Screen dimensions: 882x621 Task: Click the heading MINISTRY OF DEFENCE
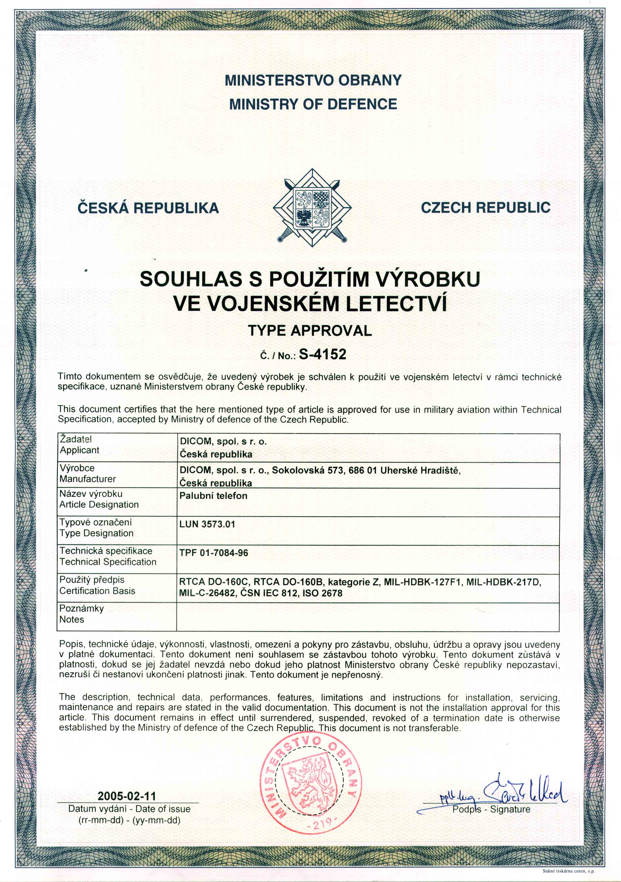313,104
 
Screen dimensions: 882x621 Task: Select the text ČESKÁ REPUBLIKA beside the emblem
148,208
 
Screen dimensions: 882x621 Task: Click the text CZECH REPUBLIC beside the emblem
485,208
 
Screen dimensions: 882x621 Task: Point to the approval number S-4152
322,354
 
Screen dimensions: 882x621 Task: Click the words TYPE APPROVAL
310,330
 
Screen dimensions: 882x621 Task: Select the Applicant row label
79,450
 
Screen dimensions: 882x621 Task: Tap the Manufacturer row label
88,479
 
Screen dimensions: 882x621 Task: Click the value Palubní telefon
213,496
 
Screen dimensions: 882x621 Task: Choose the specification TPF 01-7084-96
214,553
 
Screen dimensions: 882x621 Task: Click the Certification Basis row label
97,590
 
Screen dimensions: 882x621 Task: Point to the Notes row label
72,619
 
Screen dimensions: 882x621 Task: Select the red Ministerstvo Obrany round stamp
310,782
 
